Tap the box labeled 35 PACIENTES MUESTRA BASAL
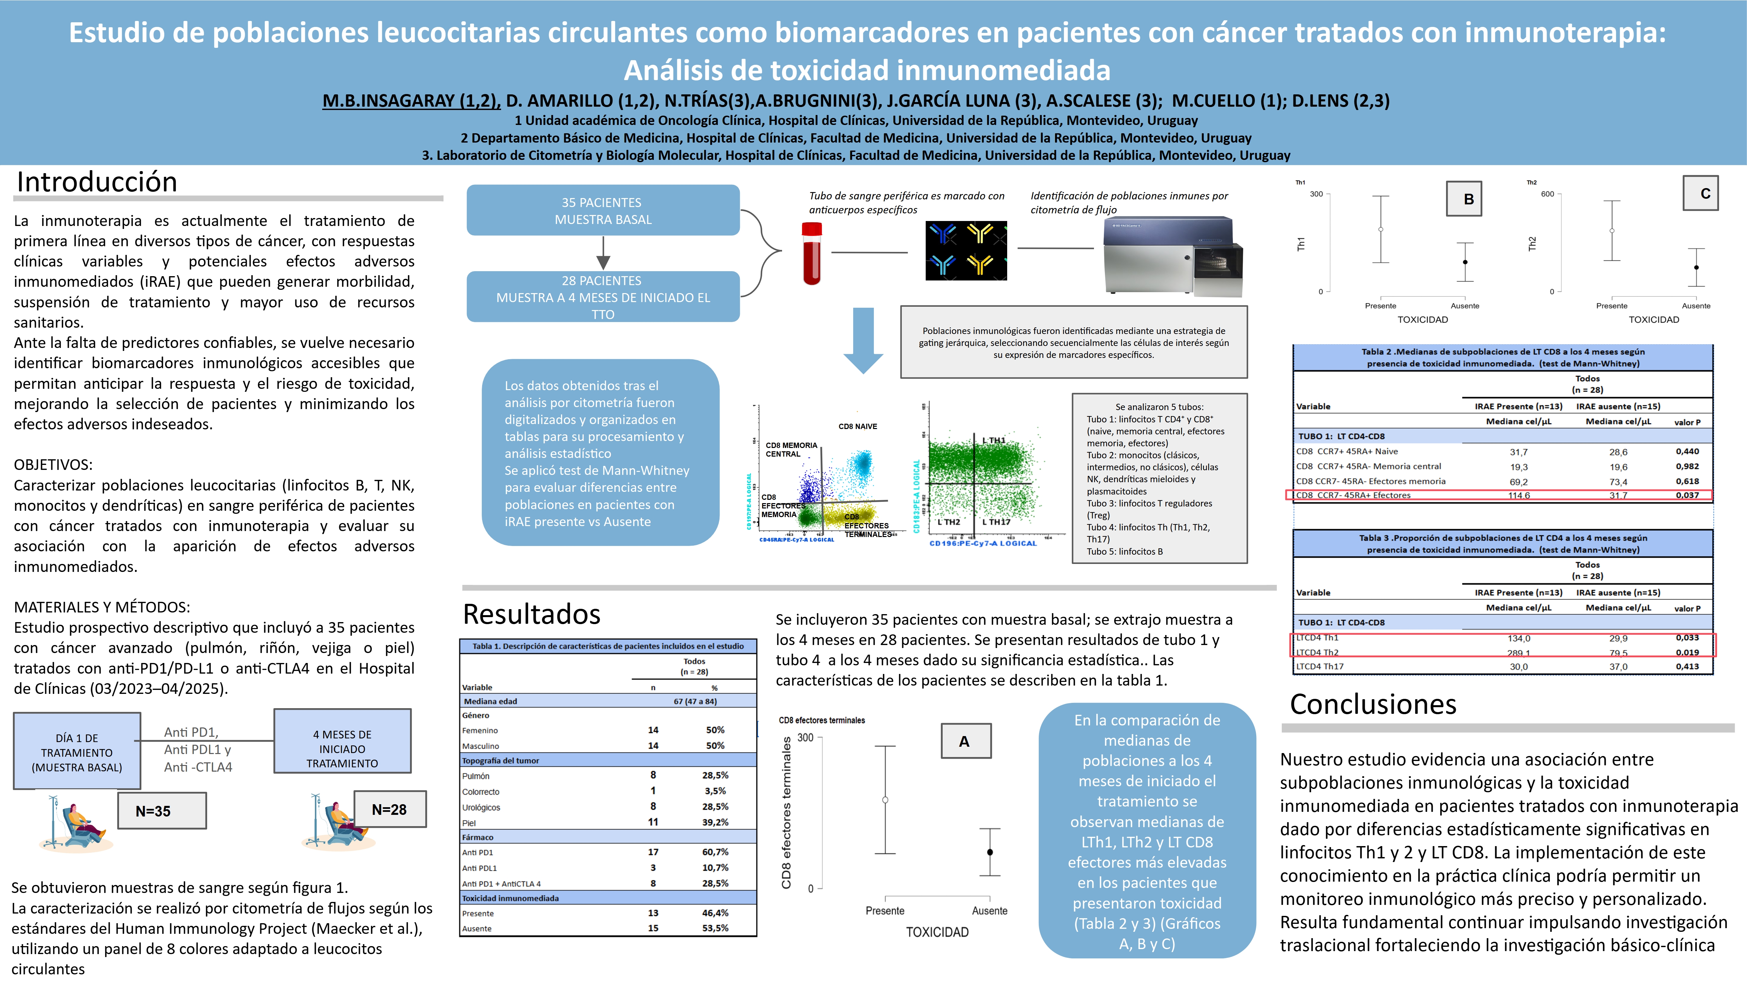(603, 211)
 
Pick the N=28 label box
(389, 809)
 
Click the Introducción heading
(97, 182)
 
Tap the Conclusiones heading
(1373, 704)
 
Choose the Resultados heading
(532, 614)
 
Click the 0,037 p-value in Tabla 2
(1686, 495)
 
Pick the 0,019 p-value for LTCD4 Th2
(1686, 653)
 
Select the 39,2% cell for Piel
(715, 822)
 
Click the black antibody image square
(966, 251)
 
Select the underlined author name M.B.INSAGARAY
(410, 101)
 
